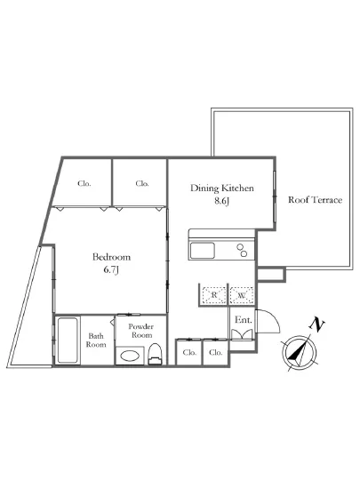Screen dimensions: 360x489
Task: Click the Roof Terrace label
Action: point(315,199)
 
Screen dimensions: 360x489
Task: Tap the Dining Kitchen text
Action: point(222,188)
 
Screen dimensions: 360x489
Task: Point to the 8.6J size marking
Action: point(221,201)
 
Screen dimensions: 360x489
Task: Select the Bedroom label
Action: point(111,257)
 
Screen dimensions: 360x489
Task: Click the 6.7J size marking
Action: point(111,269)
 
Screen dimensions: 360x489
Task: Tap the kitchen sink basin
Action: point(203,251)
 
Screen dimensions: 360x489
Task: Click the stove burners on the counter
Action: point(242,250)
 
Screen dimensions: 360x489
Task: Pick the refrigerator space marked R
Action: point(214,294)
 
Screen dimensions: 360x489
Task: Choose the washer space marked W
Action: point(241,294)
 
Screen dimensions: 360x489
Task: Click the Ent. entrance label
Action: point(244,320)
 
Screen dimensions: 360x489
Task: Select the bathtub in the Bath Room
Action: point(68,341)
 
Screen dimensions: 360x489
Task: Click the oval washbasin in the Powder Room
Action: point(130,356)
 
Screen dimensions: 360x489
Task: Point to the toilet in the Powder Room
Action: point(155,354)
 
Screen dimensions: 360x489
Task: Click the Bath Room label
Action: point(96,341)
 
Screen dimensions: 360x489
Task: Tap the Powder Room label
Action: point(141,331)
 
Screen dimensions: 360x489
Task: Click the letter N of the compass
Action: point(316,325)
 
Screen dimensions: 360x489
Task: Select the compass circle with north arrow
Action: point(299,353)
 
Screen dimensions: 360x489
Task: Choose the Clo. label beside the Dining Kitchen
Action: point(142,183)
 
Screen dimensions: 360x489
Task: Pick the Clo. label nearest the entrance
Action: point(216,352)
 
